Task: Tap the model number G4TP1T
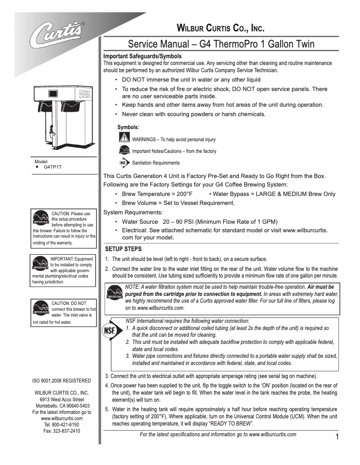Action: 53,166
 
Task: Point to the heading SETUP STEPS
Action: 123,249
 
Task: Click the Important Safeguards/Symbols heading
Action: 142,56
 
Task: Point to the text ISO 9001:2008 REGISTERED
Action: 61,381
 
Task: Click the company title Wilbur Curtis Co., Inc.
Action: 220,29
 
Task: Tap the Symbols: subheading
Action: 128,127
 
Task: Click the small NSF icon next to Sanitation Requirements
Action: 124,163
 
